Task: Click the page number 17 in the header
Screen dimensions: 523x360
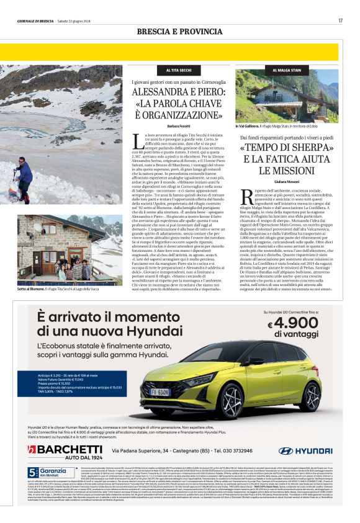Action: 341,20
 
